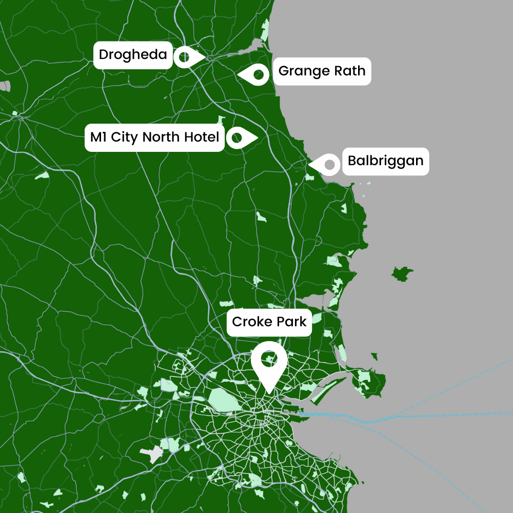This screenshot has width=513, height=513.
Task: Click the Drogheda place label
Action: tap(133, 54)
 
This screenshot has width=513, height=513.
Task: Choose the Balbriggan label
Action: tap(385, 161)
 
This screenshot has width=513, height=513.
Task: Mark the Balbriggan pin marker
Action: tap(328, 165)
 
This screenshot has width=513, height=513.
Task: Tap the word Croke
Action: tap(250, 322)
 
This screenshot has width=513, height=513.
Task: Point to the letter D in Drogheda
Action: tap(103, 54)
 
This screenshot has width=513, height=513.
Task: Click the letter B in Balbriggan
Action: tap(352, 161)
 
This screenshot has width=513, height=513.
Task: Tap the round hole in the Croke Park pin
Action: tap(268, 359)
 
